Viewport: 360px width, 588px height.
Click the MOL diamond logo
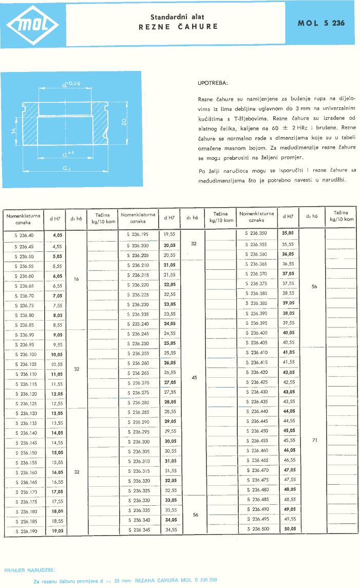pyautogui.click(x=32, y=24)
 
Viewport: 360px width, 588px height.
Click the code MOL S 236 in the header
pyautogui.click(x=321, y=23)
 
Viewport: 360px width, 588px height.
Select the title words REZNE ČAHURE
pyautogui.click(x=178, y=27)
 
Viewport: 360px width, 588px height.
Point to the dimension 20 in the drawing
pyautogui.click(x=124, y=121)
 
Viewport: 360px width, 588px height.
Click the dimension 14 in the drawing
pyautogui.click(x=15, y=132)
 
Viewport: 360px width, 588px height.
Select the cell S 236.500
pyautogui.click(x=256, y=528)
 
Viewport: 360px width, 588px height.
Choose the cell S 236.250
pyautogui.click(x=138, y=343)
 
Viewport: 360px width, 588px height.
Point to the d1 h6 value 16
pyautogui.click(x=76, y=280)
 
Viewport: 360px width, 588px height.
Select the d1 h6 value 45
pyautogui.click(x=194, y=377)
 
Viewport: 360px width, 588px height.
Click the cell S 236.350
pyautogui.click(x=256, y=234)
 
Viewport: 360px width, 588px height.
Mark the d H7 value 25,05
pyautogui.click(x=169, y=343)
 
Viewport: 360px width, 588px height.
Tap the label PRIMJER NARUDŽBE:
pyautogui.click(x=30, y=571)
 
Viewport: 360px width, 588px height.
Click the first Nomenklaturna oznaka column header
pyautogui.click(x=23, y=219)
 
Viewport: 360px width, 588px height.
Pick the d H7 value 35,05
pyautogui.click(x=288, y=234)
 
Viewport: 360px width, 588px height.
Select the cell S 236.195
pyautogui.click(x=138, y=234)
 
